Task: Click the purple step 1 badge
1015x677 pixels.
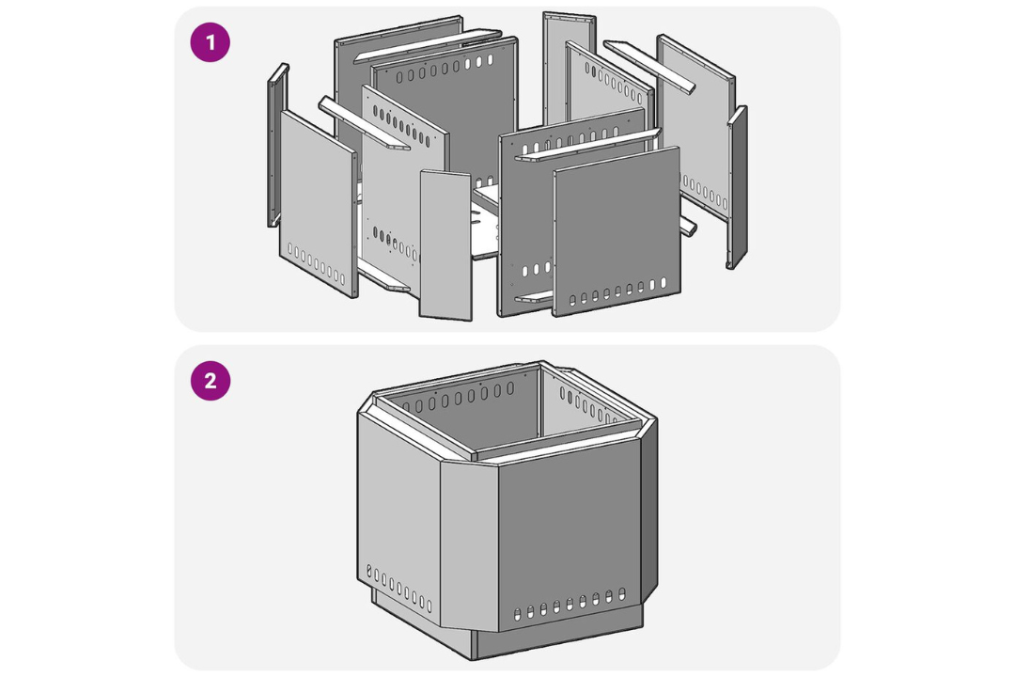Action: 210,42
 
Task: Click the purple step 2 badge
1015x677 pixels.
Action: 211,380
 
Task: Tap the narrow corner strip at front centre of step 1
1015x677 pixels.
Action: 445,244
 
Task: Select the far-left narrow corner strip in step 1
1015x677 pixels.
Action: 277,145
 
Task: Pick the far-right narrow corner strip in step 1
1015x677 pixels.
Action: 737,186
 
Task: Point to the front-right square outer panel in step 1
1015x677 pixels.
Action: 617,231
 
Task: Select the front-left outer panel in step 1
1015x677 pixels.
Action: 319,203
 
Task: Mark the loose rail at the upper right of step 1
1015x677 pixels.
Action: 649,67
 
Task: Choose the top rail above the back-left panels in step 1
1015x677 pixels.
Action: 428,46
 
